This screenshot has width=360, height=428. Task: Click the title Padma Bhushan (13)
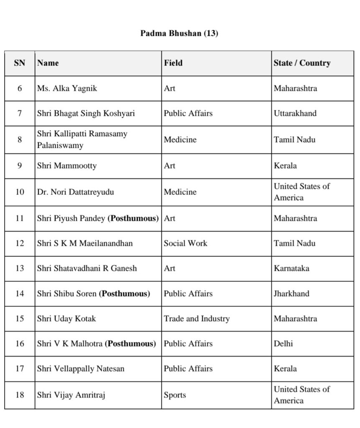pyautogui.click(x=179, y=33)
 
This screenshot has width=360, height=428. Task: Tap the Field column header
pyautogui.click(x=173, y=63)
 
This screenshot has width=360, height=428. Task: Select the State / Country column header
pyautogui.click(x=302, y=63)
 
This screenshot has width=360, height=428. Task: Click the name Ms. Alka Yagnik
pyautogui.click(x=67, y=88)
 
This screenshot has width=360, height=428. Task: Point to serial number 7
pyautogui.click(x=20, y=113)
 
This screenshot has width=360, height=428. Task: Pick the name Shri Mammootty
pyautogui.click(x=67, y=166)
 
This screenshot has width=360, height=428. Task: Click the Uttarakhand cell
pyautogui.click(x=295, y=113)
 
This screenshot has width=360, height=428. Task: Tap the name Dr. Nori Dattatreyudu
pyautogui.click(x=75, y=192)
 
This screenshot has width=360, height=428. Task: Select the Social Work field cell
pyautogui.click(x=185, y=243)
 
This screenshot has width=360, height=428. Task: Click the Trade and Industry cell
pyautogui.click(x=197, y=318)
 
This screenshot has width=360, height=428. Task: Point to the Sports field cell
pyautogui.click(x=175, y=395)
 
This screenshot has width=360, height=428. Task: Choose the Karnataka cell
pyautogui.click(x=291, y=268)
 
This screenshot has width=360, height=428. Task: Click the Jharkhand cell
pyautogui.click(x=291, y=293)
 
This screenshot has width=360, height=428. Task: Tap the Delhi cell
pyautogui.click(x=283, y=344)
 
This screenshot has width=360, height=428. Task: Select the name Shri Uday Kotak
pyautogui.click(x=66, y=318)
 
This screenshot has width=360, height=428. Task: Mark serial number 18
pyautogui.click(x=20, y=395)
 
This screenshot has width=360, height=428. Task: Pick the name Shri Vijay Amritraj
pyautogui.click(x=71, y=395)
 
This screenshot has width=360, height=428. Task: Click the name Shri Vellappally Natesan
pyautogui.click(x=80, y=369)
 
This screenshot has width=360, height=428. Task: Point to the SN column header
pyautogui.click(x=20, y=63)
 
